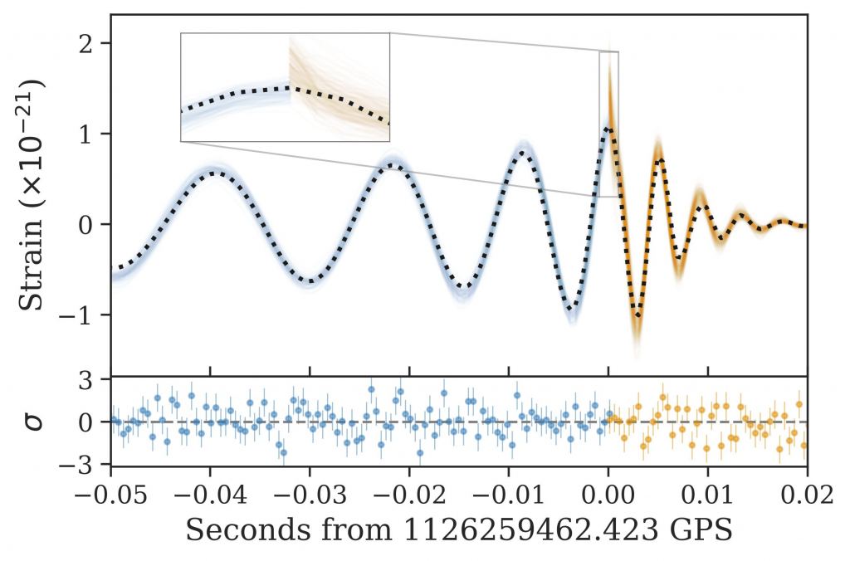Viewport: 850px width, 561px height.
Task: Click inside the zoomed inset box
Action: pyautogui.click(x=285, y=87)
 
